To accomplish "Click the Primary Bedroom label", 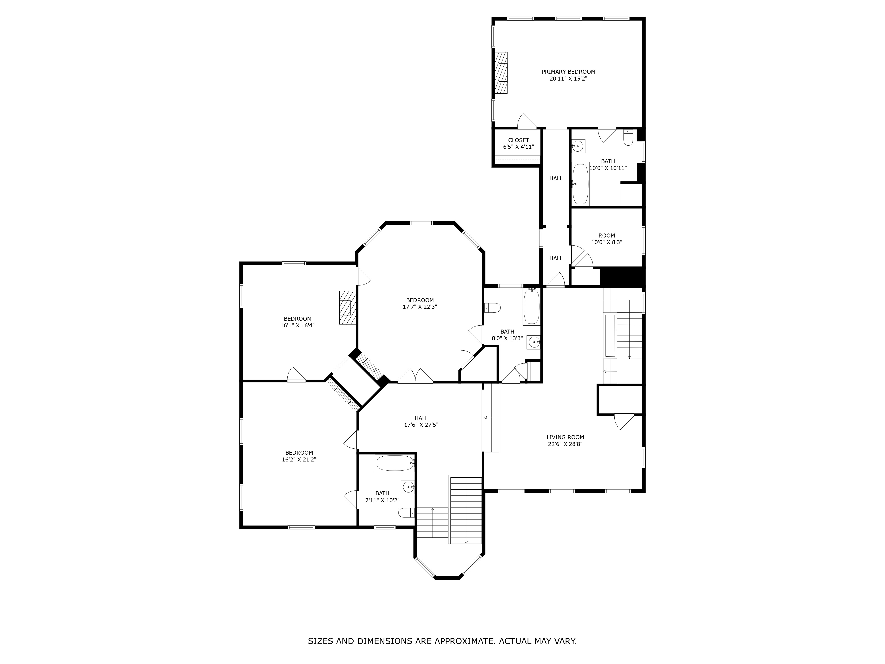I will tap(568, 72).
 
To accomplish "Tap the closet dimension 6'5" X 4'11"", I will tap(519, 147).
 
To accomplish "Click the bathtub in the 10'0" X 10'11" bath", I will tap(580, 184).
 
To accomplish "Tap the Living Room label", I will tap(565, 437).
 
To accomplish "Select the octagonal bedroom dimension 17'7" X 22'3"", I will tap(420, 307).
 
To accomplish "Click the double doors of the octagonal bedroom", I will tap(415, 376).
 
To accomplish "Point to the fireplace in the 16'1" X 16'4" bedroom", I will tap(347, 307).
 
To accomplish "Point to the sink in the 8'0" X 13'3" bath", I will tap(533, 342).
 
